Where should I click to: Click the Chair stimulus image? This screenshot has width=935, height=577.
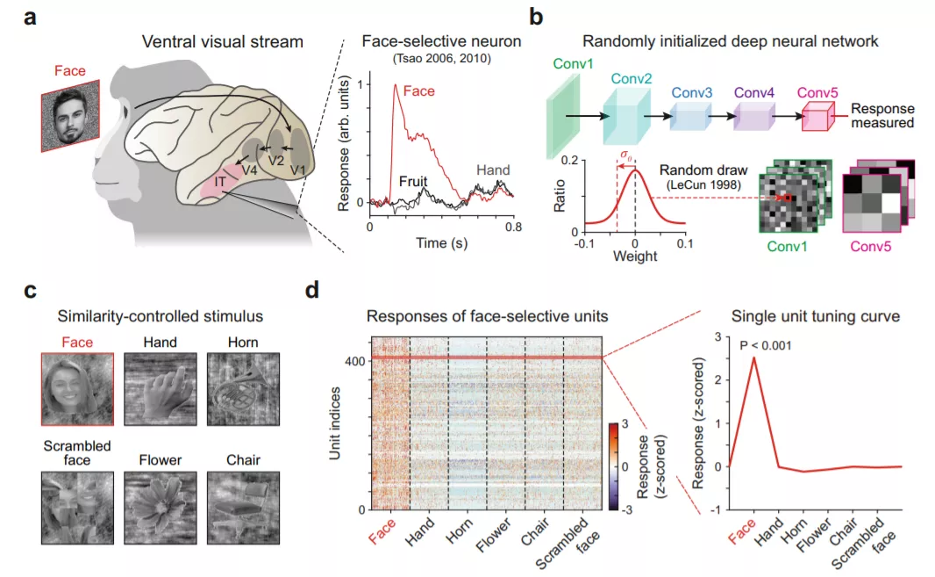243,507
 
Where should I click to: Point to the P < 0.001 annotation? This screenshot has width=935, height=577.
766,344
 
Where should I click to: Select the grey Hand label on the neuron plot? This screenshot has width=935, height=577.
493,169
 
